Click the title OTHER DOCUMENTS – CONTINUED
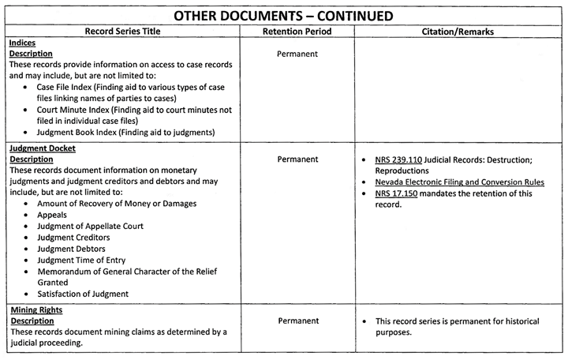(284, 15)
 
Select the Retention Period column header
(297, 32)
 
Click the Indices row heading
(23, 43)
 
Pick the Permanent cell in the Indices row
(297, 54)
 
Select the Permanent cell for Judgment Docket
(297, 159)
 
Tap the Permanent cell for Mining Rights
(297, 321)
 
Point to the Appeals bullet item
(53, 214)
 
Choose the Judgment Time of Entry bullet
(83, 260)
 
